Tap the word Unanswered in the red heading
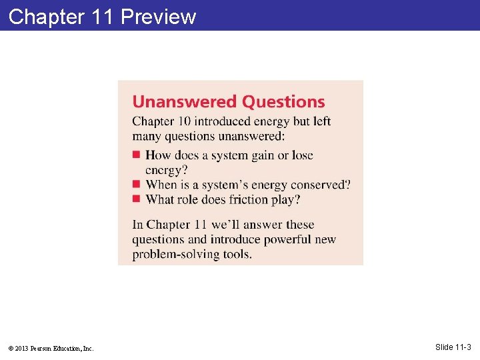click(x=184, y=102)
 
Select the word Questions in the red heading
click(x=283, y=102)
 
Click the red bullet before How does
click(x=136, y=155)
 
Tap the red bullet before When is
click(x=136, y=183)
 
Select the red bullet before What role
click(x=136, y=198)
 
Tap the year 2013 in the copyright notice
click(x=21, y=348)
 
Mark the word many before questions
click(x=146, y=136)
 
